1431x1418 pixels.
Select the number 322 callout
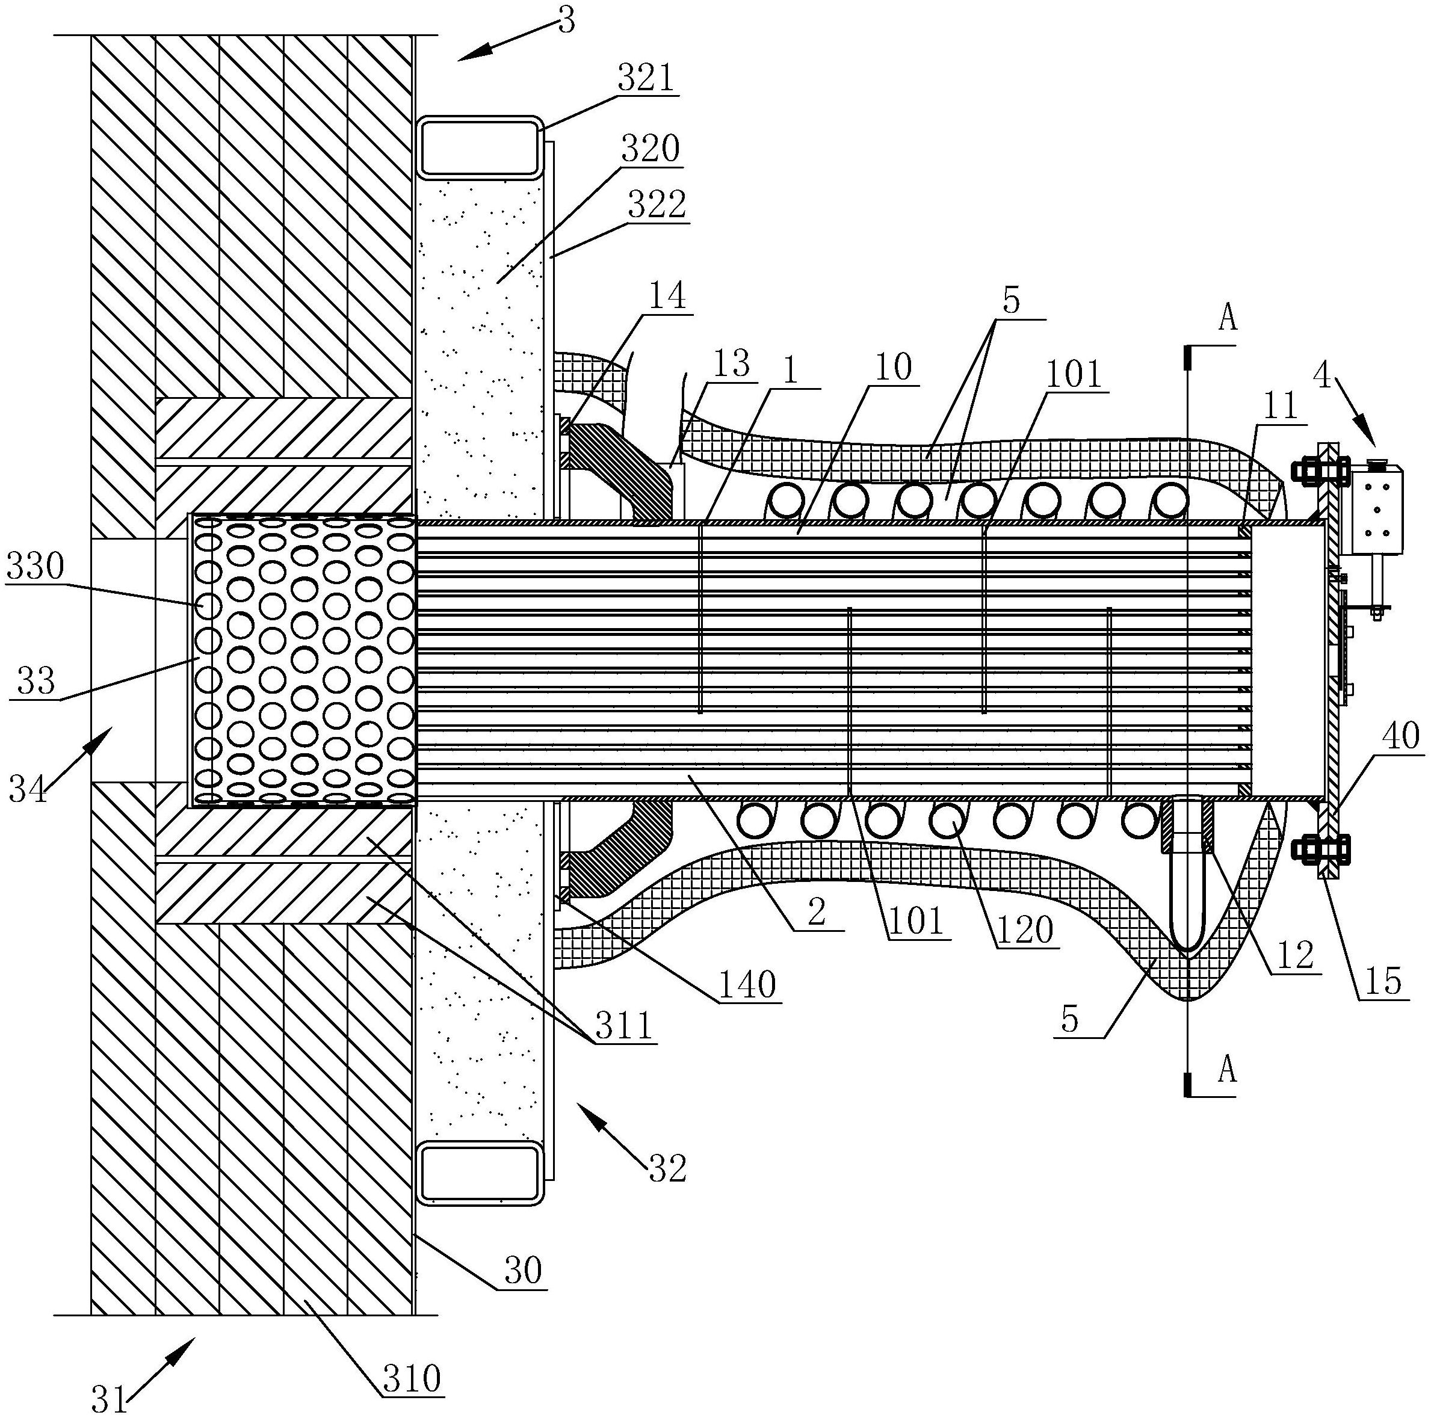click(x=657, y=205)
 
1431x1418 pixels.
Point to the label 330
click(x=35, y=567)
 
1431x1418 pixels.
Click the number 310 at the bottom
click(x=412, y=1379)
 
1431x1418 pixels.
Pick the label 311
click(x=625, y=1026)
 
